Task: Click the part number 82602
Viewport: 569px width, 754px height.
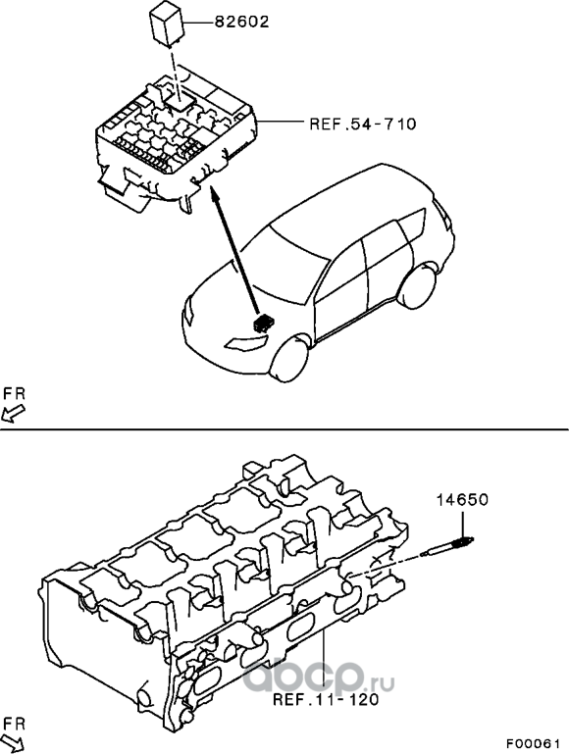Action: [x=241, y=23]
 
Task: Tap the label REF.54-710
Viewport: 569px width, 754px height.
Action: [x=363, y=125]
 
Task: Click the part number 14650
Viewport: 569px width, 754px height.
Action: [x=462, y=500]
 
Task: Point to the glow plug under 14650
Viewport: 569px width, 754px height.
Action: [x=446, y=547]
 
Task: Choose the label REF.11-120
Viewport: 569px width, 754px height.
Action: [x=326, y=699]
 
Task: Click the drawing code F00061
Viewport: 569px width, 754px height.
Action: [x=533, y=742]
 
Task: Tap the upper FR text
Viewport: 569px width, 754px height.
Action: [x=14, y=393]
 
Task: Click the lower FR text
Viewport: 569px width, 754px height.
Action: [x=14, y=724]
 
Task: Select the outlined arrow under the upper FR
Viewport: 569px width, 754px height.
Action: [x=13, y=413]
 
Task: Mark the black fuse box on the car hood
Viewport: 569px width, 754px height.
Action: [x=262, y=324]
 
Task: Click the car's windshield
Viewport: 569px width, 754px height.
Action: [x=286, y=262]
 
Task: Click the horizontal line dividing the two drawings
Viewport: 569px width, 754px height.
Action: [x=284, y=428]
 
